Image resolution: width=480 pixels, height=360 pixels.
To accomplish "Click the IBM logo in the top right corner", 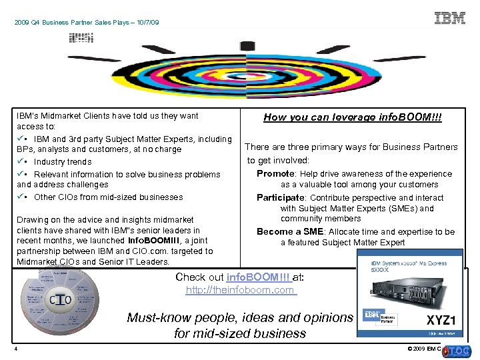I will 450,18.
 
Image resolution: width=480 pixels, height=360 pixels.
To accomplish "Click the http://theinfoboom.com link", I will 241,290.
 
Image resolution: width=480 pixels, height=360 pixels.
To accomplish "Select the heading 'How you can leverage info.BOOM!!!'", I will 352,117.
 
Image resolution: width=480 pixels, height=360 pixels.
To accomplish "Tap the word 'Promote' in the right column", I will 276,174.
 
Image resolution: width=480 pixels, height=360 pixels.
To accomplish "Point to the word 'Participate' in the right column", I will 281,197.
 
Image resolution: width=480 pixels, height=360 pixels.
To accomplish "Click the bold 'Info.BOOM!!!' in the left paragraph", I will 153,241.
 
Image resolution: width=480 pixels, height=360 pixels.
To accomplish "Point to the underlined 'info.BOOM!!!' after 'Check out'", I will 258,277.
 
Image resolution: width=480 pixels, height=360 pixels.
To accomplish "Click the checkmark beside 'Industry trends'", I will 21,161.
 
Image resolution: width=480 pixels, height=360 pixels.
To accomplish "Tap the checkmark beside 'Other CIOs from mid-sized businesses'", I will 21,197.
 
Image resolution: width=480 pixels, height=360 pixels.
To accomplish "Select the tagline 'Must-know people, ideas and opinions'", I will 239,318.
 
